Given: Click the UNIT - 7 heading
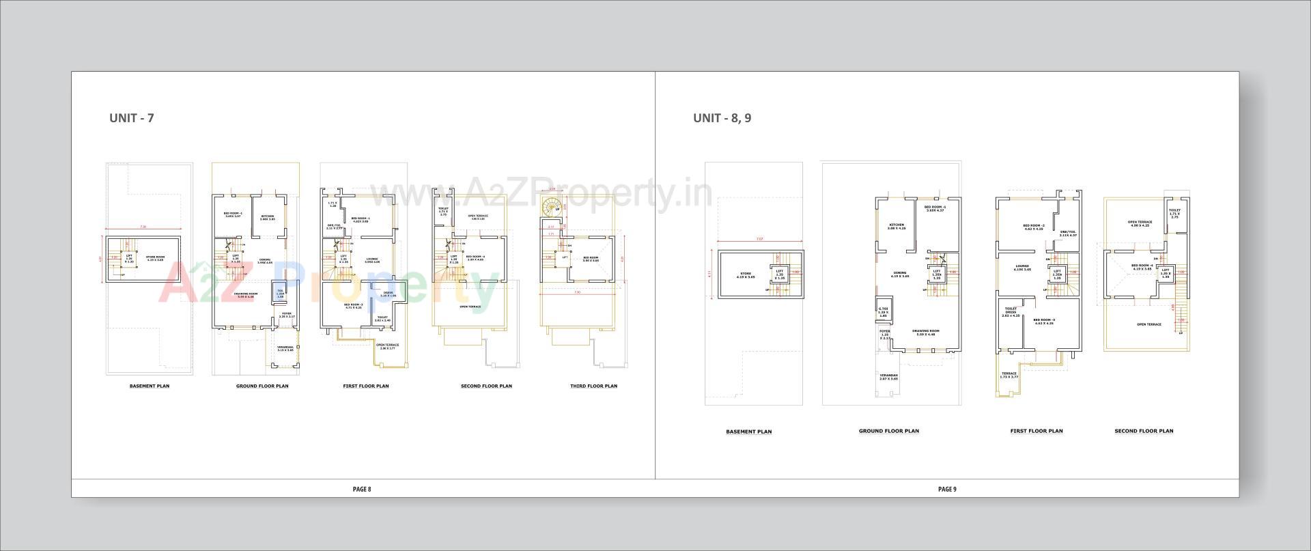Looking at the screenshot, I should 132,118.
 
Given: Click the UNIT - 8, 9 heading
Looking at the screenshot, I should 722,118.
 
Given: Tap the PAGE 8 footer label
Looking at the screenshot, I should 362,489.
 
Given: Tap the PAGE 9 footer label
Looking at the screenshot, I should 947,489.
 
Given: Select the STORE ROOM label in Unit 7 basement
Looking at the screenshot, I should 156,258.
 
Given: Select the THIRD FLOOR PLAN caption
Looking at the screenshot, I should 593,386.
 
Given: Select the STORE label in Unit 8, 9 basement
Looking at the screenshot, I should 746,275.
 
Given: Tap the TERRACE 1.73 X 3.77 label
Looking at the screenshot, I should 1009,375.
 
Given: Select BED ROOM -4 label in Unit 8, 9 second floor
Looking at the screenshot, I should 1142,267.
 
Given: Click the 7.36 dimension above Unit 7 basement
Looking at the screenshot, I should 143,227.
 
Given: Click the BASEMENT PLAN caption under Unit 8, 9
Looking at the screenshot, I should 748,432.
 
